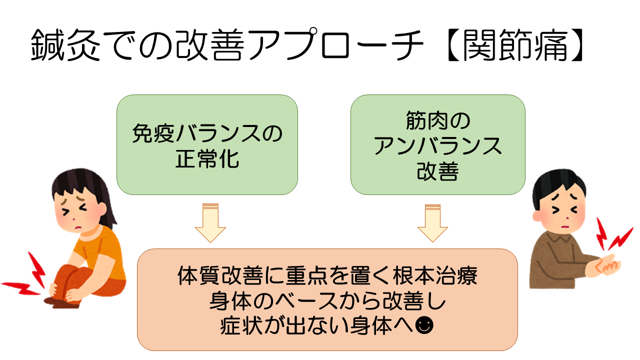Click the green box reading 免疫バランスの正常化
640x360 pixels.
(x=207, y=144)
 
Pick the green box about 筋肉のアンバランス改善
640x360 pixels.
(x=437, y=144)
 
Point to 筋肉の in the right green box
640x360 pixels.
(x=437, y=121)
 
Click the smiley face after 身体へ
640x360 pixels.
(x=424, y=325)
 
